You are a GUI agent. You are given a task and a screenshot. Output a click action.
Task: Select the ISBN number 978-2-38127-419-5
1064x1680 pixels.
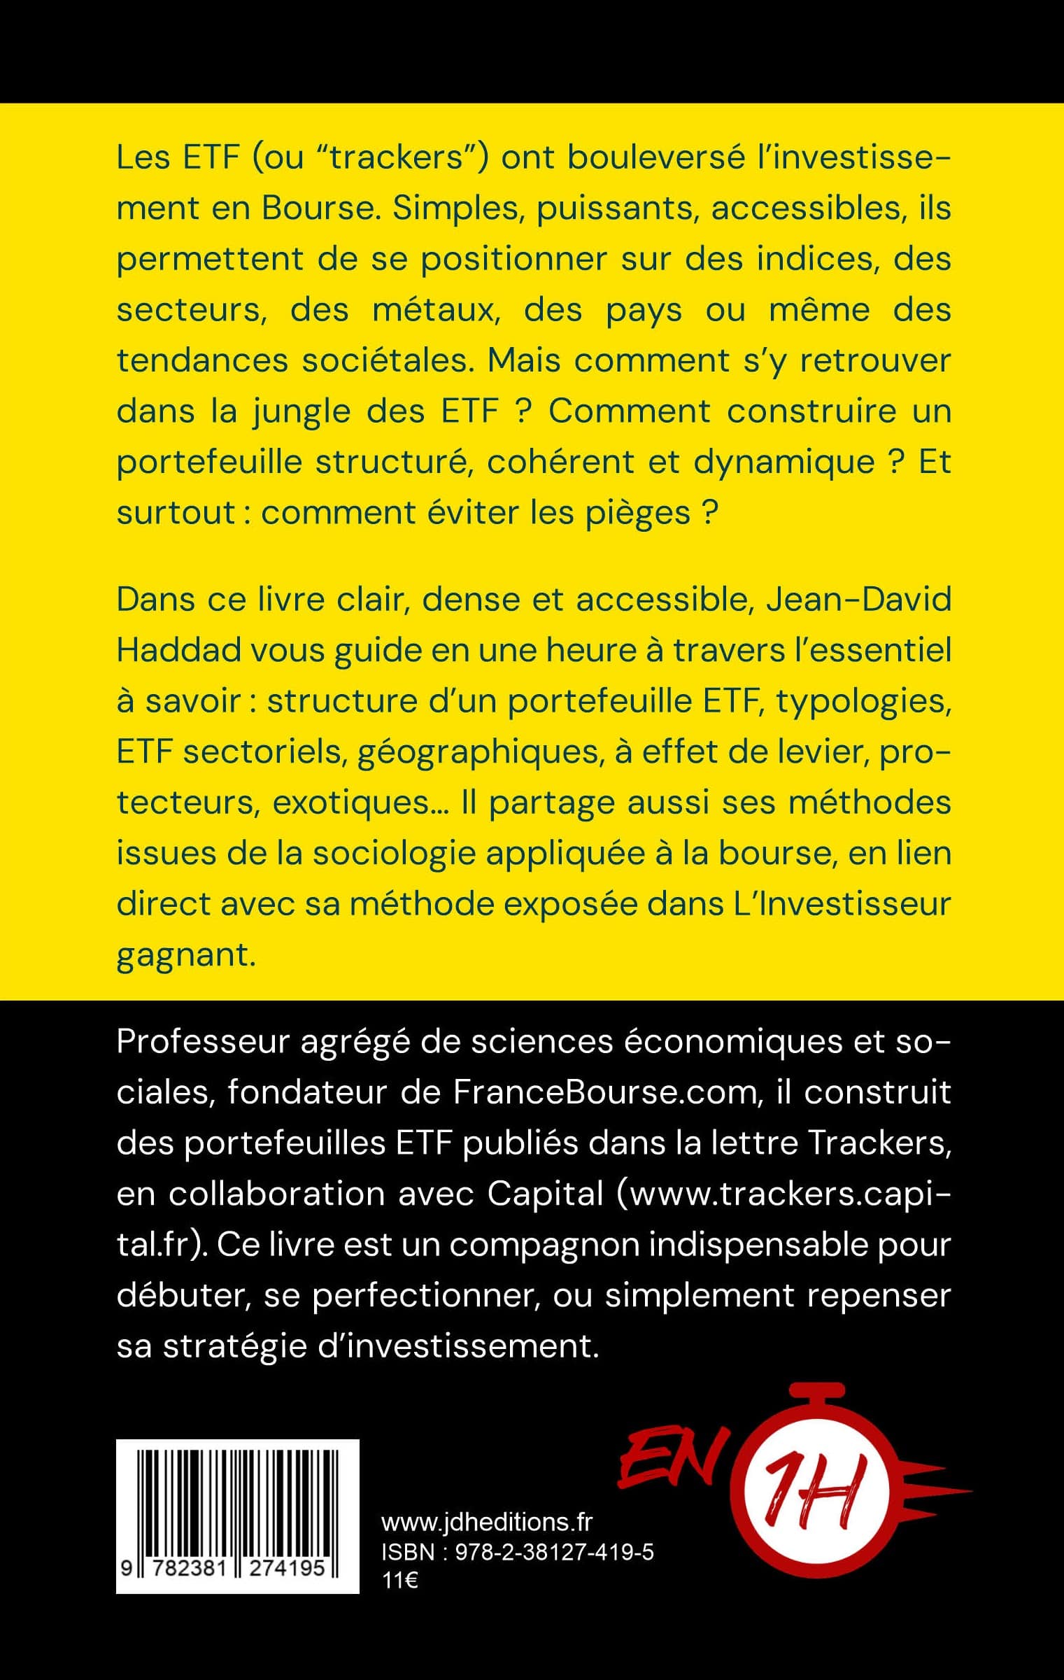pyautogui.click(x=554, y=1552)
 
